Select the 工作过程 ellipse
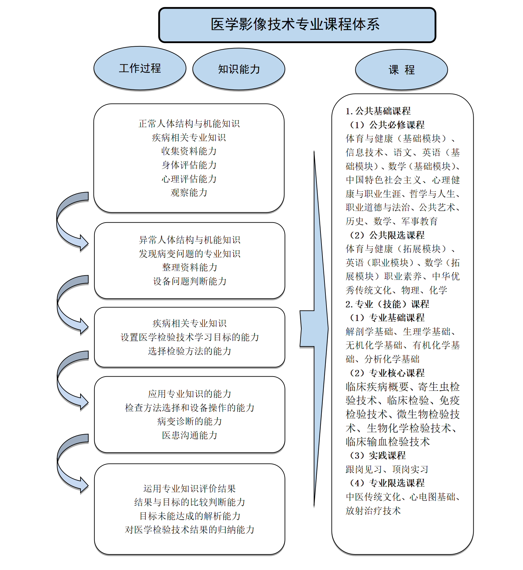[x=140, y=68]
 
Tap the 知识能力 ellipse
[x=239, y=69]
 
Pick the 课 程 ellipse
[x=401, y=70]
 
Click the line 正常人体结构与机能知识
[x=189, y=124]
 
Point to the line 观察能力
[x=189, y=193]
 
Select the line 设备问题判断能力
[x=190, y=282]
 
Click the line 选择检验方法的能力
[x=190, y=351]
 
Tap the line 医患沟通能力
[x=190, y=435]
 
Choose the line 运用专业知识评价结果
[x=190, y=489]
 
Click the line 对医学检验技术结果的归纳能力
[x=190, y=530]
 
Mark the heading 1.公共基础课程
[x=378, y=111]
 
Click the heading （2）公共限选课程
[x=387, y=235]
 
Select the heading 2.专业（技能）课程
[x=387, y=304]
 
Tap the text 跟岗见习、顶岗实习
[x=387, y=469]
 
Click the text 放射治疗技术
[x=373, y=511]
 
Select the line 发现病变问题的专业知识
[x=190, y=254]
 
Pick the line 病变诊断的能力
[x=190, y=421]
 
